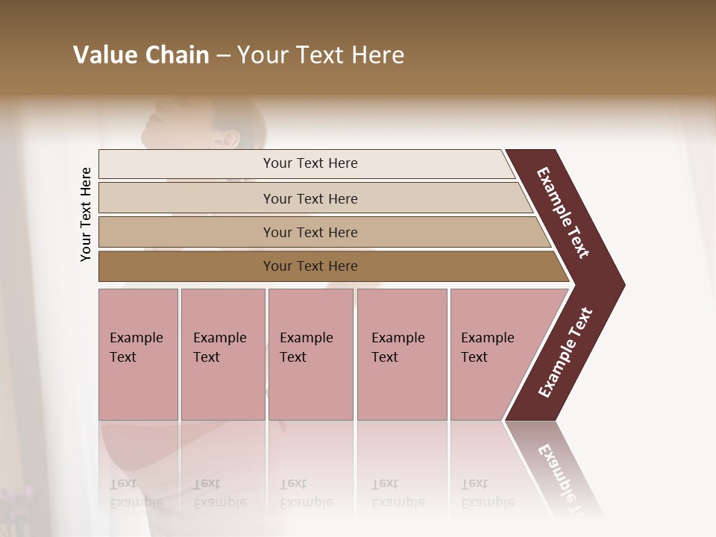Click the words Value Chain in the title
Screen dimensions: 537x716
(x=141, y=55)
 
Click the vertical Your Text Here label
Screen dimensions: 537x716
(x=86, y=214)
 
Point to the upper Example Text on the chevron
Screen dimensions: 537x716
(x=564, y=213)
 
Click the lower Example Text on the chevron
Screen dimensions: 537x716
(x=565, y=353)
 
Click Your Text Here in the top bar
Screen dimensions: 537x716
(x=310, y=163)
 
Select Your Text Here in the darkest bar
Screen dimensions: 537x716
(x=310, y=266)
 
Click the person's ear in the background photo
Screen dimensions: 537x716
(x=231, y=139)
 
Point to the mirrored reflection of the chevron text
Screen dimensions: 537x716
(x=563, y=474)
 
